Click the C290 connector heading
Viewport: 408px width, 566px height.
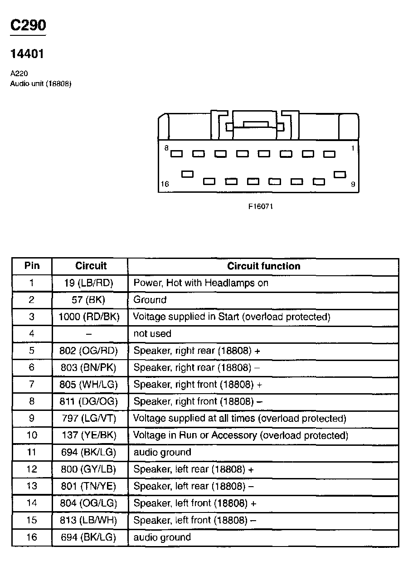(28, 25)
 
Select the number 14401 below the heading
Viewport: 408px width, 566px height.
(27, 54)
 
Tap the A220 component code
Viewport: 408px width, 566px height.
(19, 73)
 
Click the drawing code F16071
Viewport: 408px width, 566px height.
(260, 206)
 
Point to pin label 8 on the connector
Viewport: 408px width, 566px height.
(166, 148)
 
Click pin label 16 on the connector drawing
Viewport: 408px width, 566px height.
(165, 184)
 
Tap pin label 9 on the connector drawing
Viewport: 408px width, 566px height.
(353, 184)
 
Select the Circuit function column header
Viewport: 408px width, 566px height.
(263, 266)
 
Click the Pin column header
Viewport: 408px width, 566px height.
(32, 266)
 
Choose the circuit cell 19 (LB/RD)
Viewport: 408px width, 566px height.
(89, 283)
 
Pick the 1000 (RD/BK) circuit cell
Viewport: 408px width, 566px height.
(89, 317)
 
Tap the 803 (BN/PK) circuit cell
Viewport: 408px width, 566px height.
(89, 367)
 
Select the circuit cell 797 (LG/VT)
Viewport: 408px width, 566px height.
(89, 418)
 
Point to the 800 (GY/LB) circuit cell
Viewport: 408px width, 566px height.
(89, 469)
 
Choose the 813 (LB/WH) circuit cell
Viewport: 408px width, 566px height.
(89, 520)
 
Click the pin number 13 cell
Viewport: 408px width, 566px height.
(32, 486)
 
